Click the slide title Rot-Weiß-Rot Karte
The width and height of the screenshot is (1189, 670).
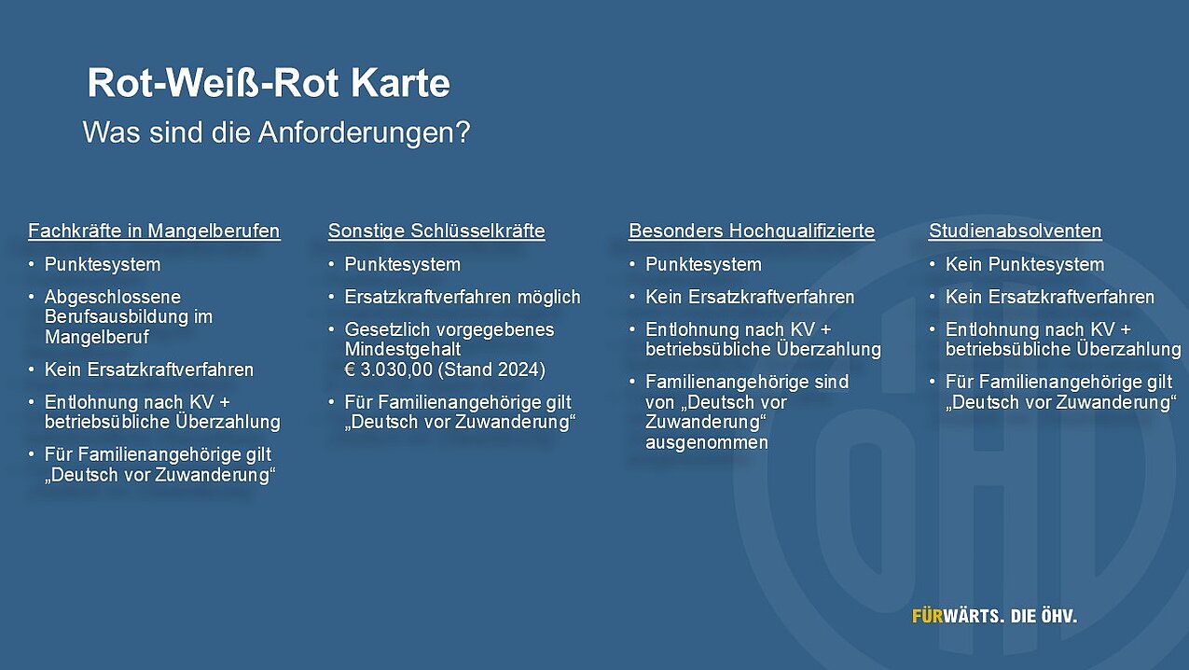[269, 83]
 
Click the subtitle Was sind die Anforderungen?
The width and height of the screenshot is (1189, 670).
[277, 132]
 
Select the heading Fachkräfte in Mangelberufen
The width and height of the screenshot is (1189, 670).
[154, 231]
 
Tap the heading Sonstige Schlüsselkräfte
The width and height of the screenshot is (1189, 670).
[436, 231]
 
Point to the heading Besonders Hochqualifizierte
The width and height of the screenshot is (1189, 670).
[752, 231]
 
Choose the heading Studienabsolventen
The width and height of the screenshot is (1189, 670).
[1016, 231]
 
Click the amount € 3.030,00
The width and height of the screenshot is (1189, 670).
[389, 370]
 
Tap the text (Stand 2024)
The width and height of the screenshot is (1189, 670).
[491, 370]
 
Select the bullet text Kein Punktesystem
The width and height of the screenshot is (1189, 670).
[1025, 265]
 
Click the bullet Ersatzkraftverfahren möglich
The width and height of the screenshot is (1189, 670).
[463, 297]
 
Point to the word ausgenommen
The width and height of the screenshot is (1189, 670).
[707, 442]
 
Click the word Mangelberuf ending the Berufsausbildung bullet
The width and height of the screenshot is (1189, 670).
[97, 337]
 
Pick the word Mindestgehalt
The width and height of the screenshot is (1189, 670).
[402, 350]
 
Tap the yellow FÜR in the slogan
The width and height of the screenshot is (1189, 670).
[927, 616]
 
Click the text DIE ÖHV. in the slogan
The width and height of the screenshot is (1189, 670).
[1044, 616]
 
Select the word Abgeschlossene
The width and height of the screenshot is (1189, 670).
[113, 297]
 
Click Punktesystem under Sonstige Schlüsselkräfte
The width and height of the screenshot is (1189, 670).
[402, 265]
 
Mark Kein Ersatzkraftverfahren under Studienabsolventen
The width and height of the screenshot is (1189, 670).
[1050, 297]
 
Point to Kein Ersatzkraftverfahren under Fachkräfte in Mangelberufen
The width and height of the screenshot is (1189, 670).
[149, 370]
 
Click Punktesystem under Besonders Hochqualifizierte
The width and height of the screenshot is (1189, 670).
[703, 265]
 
